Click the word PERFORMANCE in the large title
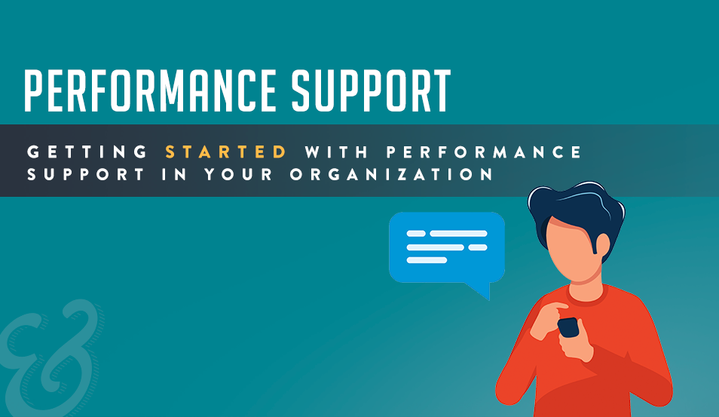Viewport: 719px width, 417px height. pyautogui.click(x=151, y=90)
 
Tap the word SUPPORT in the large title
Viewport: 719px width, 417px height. pyautogui.click(x=371, y=90)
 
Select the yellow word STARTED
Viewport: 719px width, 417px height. pyautogui.click(x=226, y=152)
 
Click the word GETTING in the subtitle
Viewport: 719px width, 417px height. pyautogui.click(x=87, y=152)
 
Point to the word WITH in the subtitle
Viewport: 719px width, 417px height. pyautogui.click(x=337, y=152)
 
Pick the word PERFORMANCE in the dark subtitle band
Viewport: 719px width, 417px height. pyautogui.click(x=484, y=152)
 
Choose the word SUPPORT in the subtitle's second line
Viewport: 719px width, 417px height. pyautogui.click(x=86, y=174)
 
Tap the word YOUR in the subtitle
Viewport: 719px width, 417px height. pyautogui.click(x=239, y=174)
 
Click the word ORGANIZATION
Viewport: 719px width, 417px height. pyautogui.click(x=392, y=174)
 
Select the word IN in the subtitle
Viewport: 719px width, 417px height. pyautogui.click(x=174, y=174)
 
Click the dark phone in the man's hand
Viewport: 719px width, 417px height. pyautogui.click(x=568, y=327)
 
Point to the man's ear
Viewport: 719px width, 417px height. pyautogui.click(x=602, y=246)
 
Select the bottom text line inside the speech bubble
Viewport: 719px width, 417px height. pyautogui.click(x=427, y=260)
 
